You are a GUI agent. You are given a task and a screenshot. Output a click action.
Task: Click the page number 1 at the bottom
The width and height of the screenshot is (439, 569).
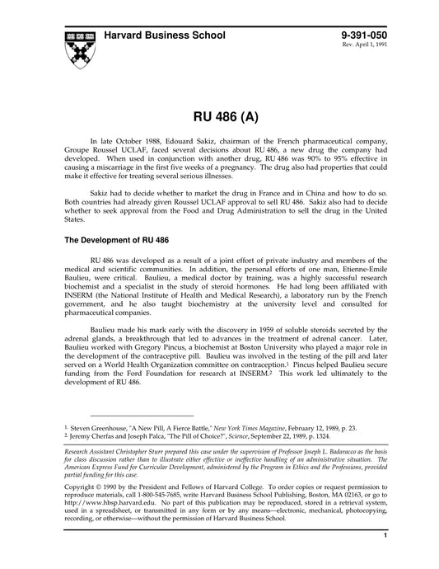point(385,558)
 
